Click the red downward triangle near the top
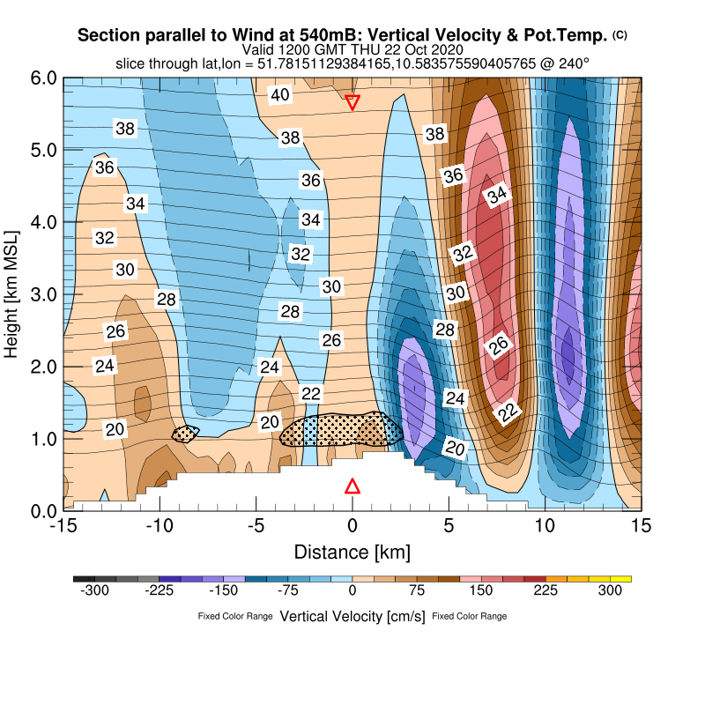pos(352,102)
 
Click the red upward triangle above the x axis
pos(352,486)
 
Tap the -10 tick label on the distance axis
pos(159,525)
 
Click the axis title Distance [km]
pos(352,552)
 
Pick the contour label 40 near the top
pos(280,95)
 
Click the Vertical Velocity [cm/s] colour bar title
pos(352,616)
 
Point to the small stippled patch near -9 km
pos(184,433)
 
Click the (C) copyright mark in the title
pos(620,35)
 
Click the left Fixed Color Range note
pos(235,616)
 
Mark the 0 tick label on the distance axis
pos(352,525)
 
